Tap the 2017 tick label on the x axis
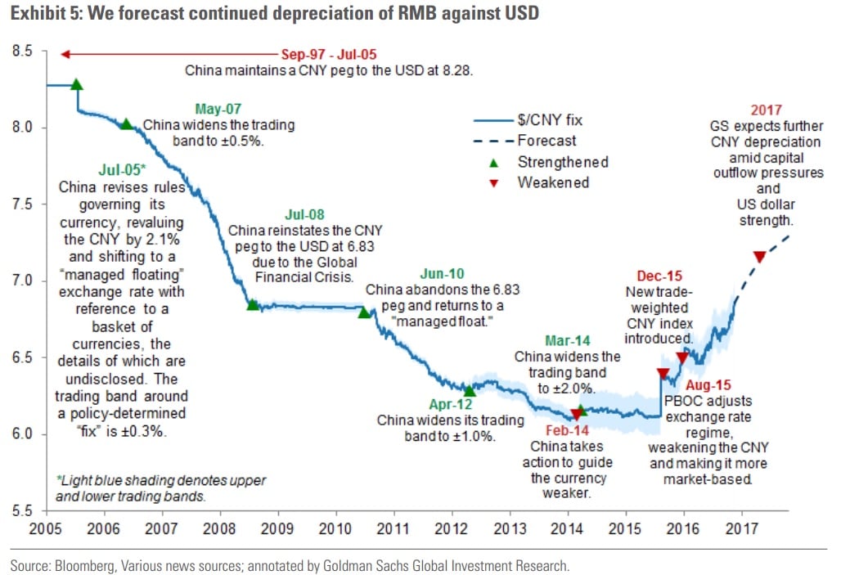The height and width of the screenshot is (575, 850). pyautogui.click(x=741, y=528)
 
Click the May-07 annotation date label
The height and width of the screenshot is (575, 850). pyautogui.click(x=218, y=110)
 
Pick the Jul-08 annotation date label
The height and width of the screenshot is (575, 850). pyautogui.click(x=305, y=215)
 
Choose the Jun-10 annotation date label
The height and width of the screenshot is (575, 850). pyautogui.click(x=443, y=274)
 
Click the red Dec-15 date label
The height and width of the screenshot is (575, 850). pyautogui.click(x=659, y=276)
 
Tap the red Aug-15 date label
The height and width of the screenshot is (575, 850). pyautogui.click(x=709, y=385)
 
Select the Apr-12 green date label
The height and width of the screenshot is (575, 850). pyautogui.click(x=451, y=404)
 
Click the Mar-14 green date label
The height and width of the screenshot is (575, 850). pyautogui.click(x=568, y=341)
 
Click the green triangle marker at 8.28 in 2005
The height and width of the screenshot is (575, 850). pyautogui.click(x=77, y=84)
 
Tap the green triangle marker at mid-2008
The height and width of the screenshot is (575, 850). pyautogui.click(x=253, y=305)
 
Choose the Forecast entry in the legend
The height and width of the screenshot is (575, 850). pyautogui.click(x=546, y=141)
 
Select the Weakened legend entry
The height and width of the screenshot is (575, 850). pyautogui.click(x=552, y=182)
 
